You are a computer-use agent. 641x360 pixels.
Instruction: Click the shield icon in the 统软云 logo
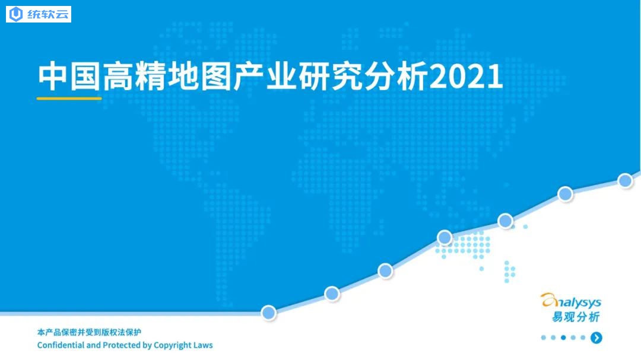click(x=16, y=14)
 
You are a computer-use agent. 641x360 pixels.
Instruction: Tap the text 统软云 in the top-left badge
click(x=48, y=14)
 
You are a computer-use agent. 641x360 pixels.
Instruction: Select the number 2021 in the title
click(x=466, y=76)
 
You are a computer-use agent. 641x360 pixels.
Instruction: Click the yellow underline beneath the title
click(x=69, y=98)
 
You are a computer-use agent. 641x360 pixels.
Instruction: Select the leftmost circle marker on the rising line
click(x=269, y=313)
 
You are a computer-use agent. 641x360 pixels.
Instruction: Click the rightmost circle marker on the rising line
click(x=625, y=181)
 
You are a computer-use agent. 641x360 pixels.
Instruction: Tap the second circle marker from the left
click(x=332, y=294)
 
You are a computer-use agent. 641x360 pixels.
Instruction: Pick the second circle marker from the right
click(x=566, y=194)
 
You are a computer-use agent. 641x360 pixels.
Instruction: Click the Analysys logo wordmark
click(x=571, y=301)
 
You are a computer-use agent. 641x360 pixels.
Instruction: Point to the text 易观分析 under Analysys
click(x=576, y=317)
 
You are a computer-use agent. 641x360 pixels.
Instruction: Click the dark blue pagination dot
click(x=563, y=337)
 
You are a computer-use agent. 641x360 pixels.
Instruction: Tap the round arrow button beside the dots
click(x=596, y=337)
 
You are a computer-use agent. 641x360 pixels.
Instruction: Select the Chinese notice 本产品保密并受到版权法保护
click(x=89, y=332)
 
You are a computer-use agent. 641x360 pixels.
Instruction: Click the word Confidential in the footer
click(x=61, y=345)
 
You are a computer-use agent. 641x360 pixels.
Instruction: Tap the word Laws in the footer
click(x=203, y=345)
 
